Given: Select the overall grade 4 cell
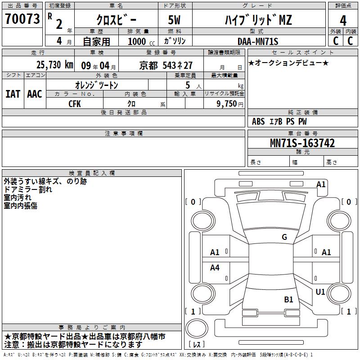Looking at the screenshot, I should click(x=343, y=20).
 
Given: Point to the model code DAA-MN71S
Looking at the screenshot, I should click(x=258, y=41).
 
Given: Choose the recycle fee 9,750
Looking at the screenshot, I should click(x=224, y=103).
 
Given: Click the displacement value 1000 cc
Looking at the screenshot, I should click(x=141, y=41).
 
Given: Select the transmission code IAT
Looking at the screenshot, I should click(x=13, y=94).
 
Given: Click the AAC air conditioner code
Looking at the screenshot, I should click(x=35, y=94).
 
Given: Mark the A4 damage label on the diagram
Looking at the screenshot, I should click(x=215, y=268).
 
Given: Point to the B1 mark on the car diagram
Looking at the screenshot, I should click(x=288, y=299).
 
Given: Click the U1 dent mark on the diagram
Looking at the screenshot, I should click(x=320, y=292).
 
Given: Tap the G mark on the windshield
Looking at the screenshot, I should click(x=284, y=237).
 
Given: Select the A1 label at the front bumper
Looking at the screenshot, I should click(x=321, y=184).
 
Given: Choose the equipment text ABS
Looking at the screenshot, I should click(x=258, y=121).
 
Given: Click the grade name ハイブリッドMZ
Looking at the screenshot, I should click(x=258, y=20).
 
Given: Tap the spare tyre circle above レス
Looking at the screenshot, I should click(x=196, y=328).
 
